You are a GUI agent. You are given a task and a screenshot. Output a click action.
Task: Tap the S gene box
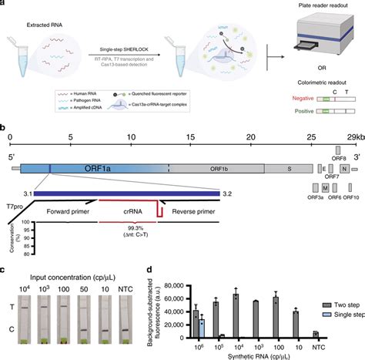(x=290, y=146)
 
